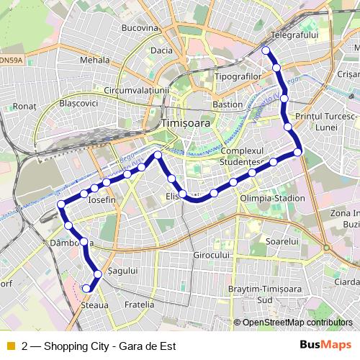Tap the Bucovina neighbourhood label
click(140, 28)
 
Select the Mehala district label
click(94, 61)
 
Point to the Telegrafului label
click(294, 35)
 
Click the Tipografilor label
click(237, 76)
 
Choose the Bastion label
click(228, 104)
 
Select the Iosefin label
click(101, 199)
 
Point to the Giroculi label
click(211, 256)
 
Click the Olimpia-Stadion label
click(272, 198)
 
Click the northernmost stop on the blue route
click(266, 50)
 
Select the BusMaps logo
click(325, 345)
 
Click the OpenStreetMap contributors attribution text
click(296, 323)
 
